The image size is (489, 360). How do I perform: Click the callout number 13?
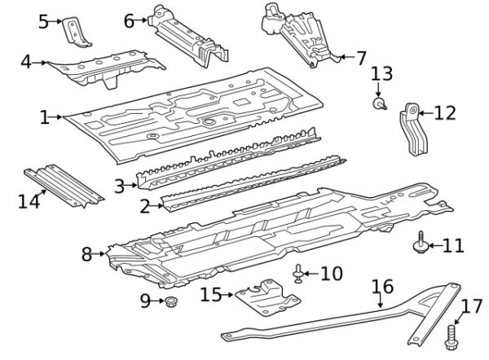pyautogui.click(x=381, y=75)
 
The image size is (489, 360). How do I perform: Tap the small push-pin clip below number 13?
pyautogui.click(x=379, y=104)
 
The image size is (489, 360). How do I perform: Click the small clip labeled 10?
pyautogui.click(x=299, y=274)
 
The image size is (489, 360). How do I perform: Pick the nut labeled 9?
pyautogui.click(x=171, y=304)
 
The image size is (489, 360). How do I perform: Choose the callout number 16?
pyautogui.click(x=382, y=287)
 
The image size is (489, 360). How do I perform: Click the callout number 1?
pyautogui.click(x=44, y=117)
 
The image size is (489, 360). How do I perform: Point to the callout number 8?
pyautogui.click(x=87, y=255)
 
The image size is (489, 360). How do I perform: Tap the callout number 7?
pyautogui.click(x=361, y=58)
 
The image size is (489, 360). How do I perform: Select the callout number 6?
pyautogui.click(x=129, y=20)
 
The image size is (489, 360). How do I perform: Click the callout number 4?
pyautogui.click(x=25, y=62)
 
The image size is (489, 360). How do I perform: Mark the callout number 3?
pyautogui.click(x=119, y=187)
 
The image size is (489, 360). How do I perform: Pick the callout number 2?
pyautogui.click(x=144, y=207)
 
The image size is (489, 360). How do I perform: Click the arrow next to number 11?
pyautogui.click(x=434, y=244)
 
